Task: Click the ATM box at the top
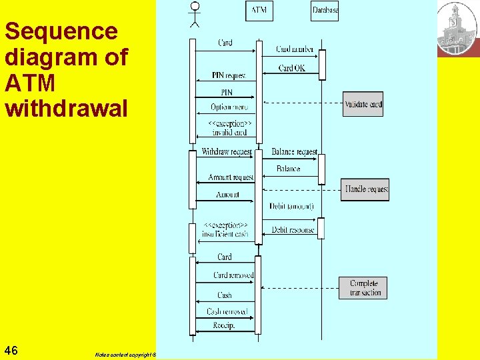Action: [x=259, y=10]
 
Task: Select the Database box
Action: [x=325, y=10]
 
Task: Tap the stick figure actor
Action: [x=194, y=14]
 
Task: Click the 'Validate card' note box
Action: [x=363, y=103]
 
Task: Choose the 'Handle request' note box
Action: [x=365, y=189]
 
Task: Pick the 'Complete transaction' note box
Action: [x=363, y=288]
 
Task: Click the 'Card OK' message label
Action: [x=291, y=68]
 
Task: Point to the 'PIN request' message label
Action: [x=229, y=75]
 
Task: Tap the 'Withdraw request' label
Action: [x=226, y=152]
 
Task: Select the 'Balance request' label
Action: [x=294, y=152]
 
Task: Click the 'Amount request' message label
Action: [x=231, y=177]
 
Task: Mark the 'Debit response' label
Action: [x=293, y=230]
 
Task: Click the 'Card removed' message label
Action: [x=233, y=275]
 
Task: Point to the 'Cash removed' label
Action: [x=227, y=311]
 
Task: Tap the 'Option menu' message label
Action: [x=229, y=107]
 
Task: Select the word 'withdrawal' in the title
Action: [x=65, y=108]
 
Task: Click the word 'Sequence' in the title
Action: [x=61, y=31]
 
